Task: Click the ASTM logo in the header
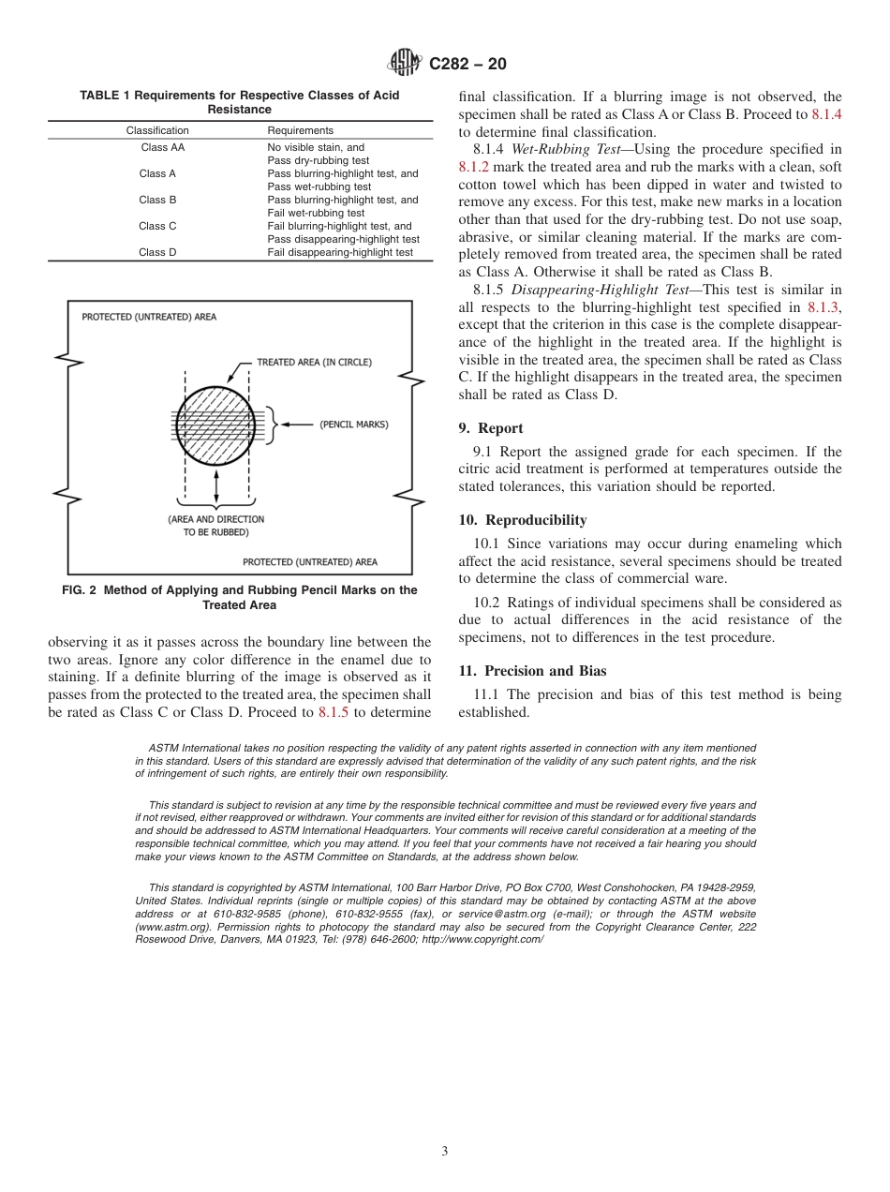(x=406, y=64)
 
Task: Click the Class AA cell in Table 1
(x=162, y=147)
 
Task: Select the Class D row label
(x=157, y=252)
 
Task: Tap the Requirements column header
(x=300, y=130)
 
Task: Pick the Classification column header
(x=157, y=130)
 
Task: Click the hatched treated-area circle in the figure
(x=215, y=425)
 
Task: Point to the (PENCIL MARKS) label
(x=353, y=425)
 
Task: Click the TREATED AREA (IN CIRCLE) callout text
(x=314, y=362)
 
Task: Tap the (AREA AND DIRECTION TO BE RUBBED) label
(x=216, y=525)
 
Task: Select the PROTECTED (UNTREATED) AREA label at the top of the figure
(x=149, y=317)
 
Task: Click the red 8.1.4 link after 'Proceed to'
(x=825, y=114)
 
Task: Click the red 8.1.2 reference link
(x=473, y=167)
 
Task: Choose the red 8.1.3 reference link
(x=823, y=306)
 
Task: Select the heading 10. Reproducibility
(x=523, y=520)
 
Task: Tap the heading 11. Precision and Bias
(x=532, y=671)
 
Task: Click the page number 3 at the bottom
(x=445, y=1151)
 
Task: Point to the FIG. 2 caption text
(x=241, y=597)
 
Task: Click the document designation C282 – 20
(x=467, y=64)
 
